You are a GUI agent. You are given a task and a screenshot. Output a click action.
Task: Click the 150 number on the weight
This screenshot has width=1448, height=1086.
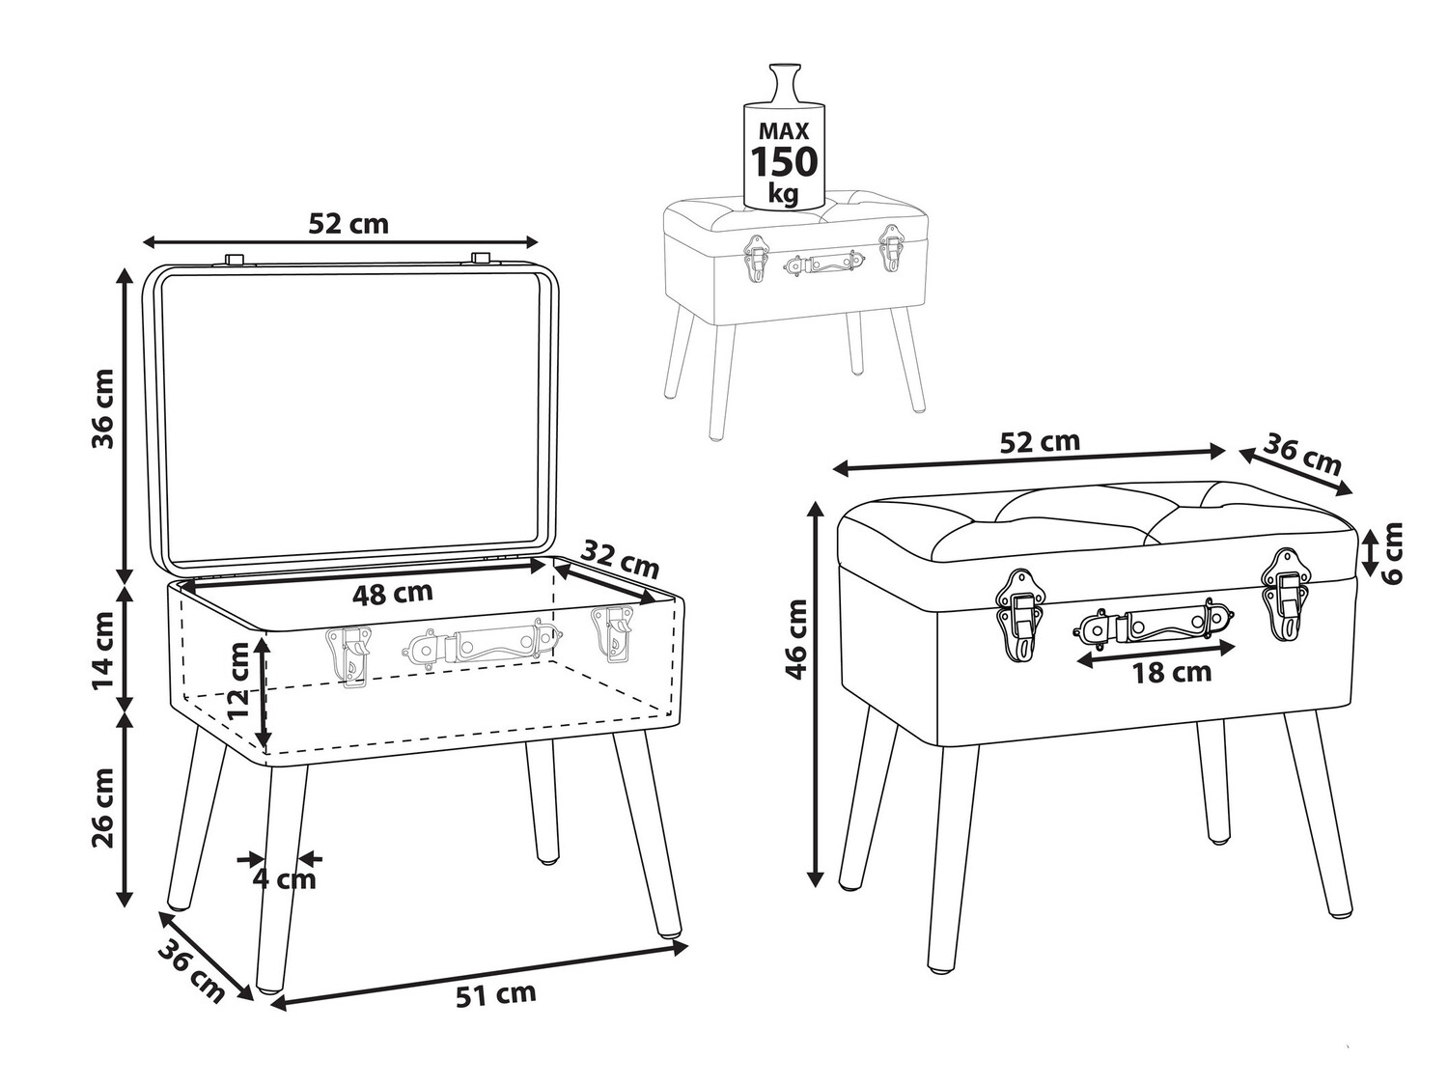[785, 161]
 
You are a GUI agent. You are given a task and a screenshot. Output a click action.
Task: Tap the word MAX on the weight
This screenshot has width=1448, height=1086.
[784, 131]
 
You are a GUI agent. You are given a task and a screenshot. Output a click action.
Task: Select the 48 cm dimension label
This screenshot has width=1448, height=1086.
[393, 593]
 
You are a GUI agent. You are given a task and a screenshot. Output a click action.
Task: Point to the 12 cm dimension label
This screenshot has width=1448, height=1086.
[237, 682]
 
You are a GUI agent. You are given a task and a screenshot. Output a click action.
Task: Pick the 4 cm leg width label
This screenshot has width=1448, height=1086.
[285, 879]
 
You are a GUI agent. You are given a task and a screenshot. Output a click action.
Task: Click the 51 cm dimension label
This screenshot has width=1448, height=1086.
[495, 993]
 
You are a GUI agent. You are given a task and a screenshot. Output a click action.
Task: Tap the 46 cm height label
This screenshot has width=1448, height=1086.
[797, 639]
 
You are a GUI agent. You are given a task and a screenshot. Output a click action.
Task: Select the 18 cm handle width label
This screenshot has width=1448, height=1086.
[1172, 673]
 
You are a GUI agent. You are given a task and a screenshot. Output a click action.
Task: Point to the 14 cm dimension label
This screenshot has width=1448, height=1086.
[103, 651]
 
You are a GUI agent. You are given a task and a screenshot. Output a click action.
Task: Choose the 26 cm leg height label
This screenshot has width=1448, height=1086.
[103, 808]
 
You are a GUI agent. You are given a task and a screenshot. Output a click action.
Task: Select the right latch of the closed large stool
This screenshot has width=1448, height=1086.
[1285, 594]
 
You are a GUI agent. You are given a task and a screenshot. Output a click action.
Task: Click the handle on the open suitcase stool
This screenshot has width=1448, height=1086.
[483, 644]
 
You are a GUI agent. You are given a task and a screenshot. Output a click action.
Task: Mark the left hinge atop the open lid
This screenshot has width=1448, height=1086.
[234, 259]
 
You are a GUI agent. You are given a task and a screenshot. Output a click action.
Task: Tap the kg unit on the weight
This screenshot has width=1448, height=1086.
[783, 194]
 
